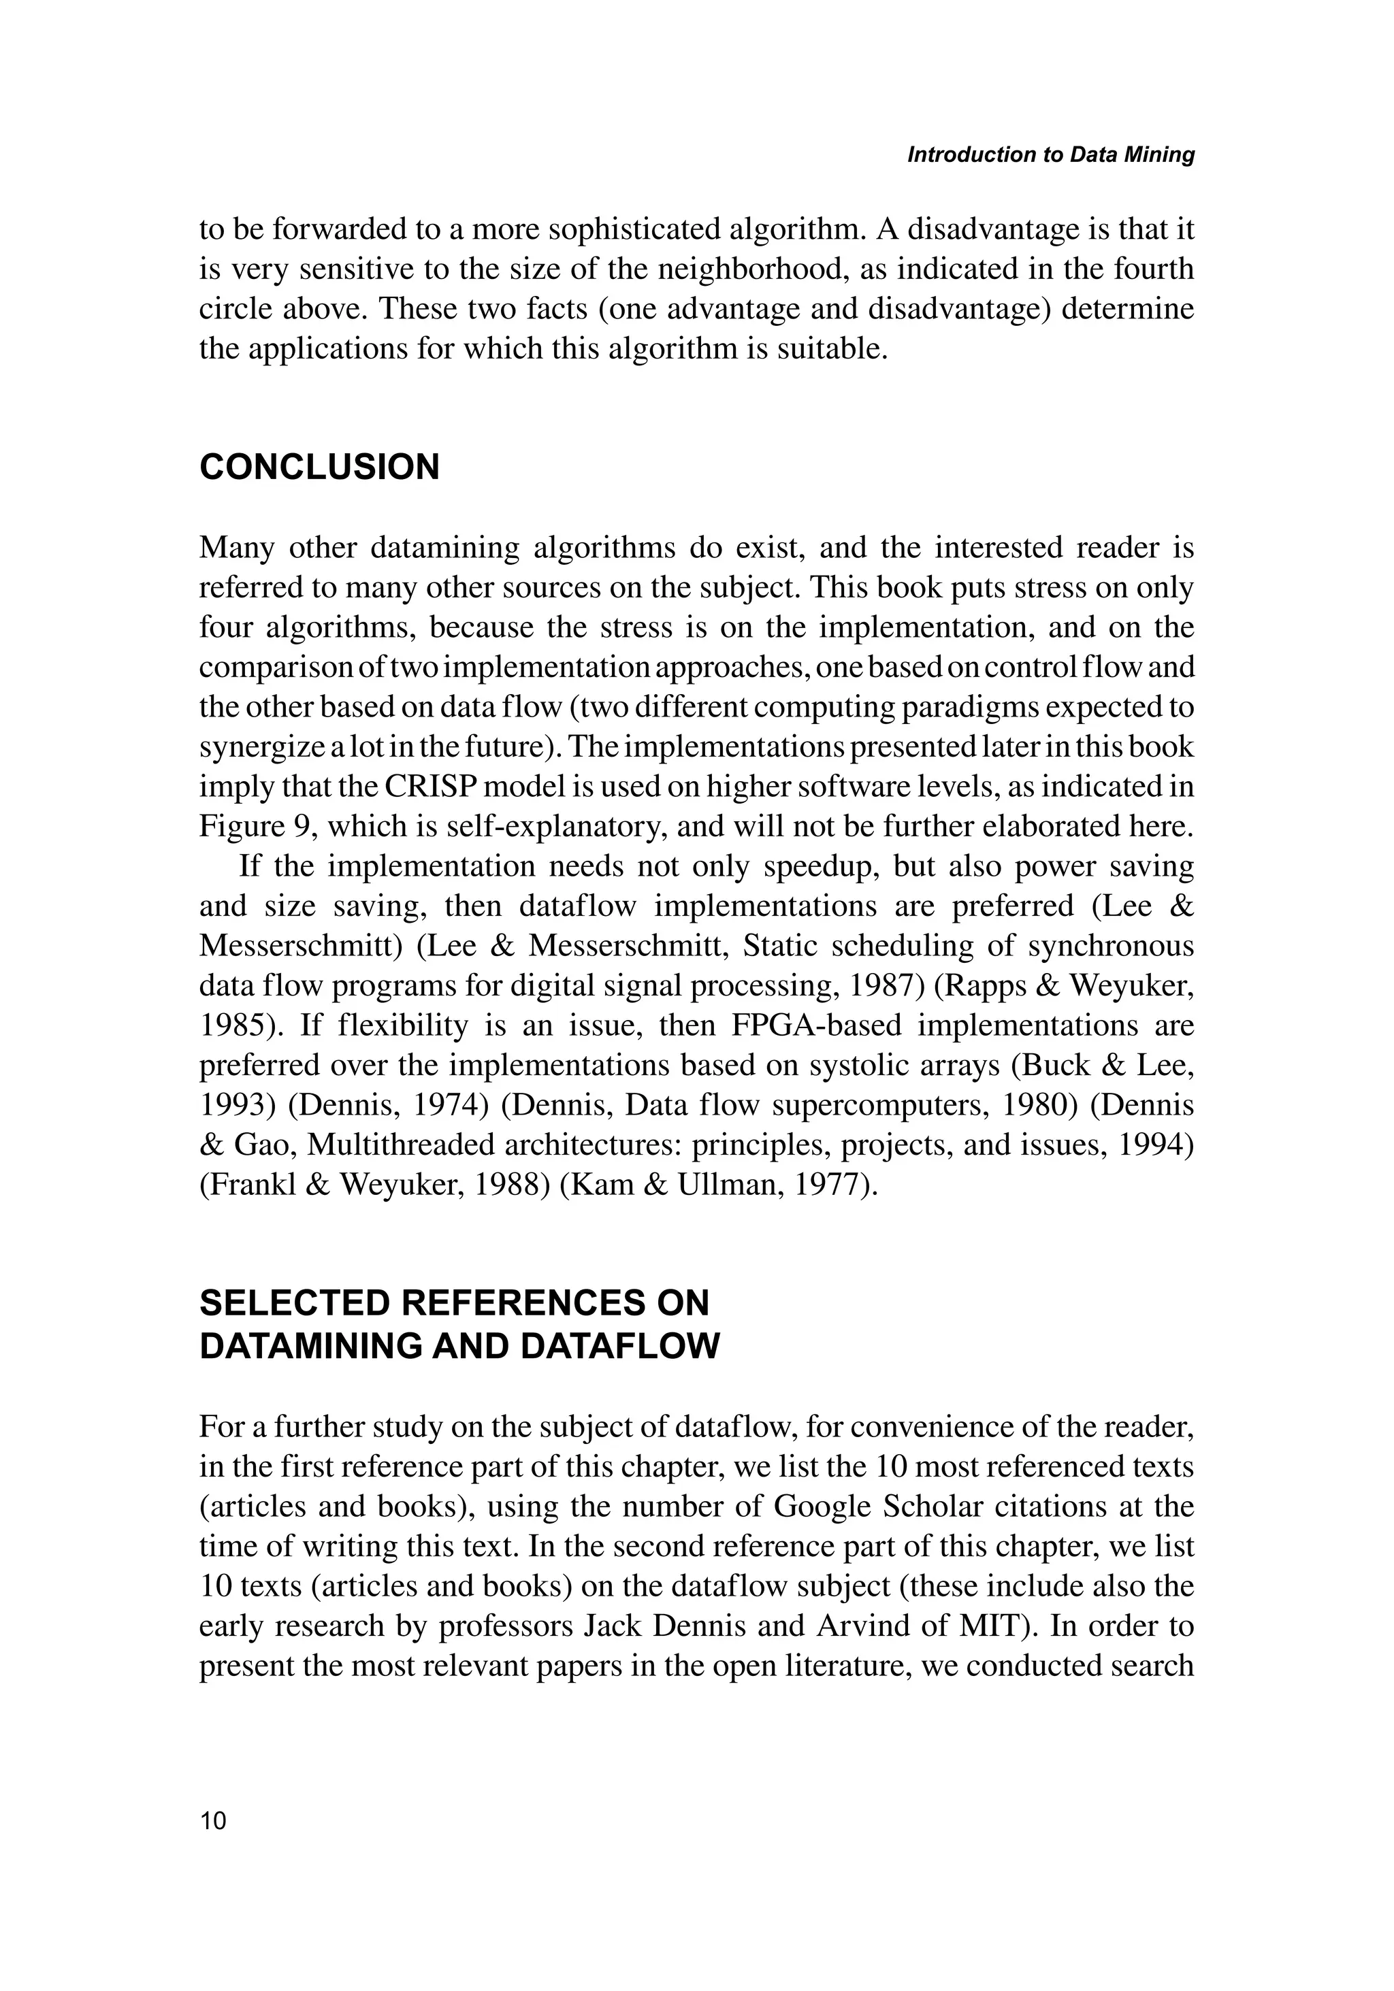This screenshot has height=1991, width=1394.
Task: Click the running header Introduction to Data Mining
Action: (x=1050, y=154)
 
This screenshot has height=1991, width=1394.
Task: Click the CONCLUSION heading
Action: (x=319, y=467)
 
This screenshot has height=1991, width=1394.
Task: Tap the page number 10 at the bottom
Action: (x=212, y=1821)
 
